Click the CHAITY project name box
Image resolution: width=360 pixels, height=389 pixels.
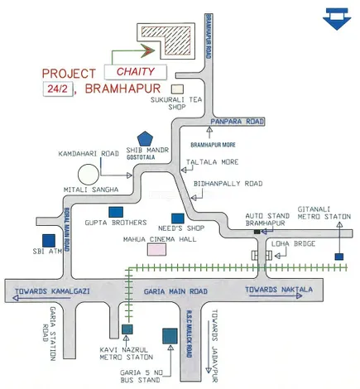tap(136, 71)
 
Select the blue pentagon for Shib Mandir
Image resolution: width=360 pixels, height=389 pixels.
tap(146, 138)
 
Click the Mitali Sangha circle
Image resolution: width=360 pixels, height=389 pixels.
tap(89, 175)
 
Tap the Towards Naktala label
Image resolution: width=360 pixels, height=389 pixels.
tap(280, 290)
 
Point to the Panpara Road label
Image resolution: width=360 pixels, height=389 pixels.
tap(236, 122)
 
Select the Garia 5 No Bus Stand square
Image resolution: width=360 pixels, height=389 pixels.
tap(170, 335)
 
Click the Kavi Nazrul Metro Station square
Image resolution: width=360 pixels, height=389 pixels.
tap(127, 329)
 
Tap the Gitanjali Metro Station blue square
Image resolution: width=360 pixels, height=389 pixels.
tap(339, 257)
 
